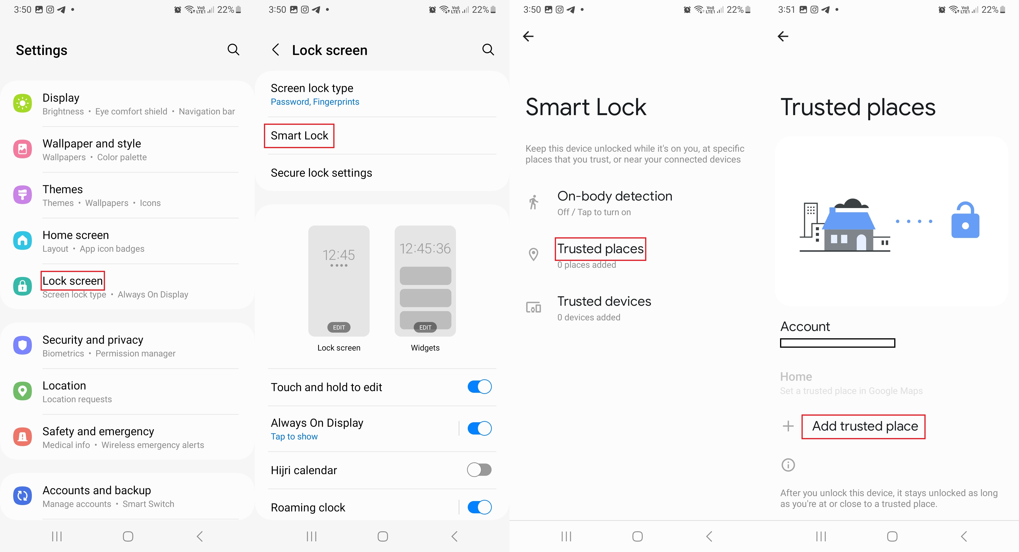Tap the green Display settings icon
coord(23,104)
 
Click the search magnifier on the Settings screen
coord(233,50)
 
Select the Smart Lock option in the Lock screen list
coord(300,136)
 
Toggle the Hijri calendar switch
coord(479,470)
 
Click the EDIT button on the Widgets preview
coord(425,327)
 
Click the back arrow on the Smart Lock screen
coord(528,36)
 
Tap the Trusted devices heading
coord(604,301)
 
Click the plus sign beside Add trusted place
coord(788,426)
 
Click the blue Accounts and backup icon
coord(23,496)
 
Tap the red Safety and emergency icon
coord(23,437)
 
